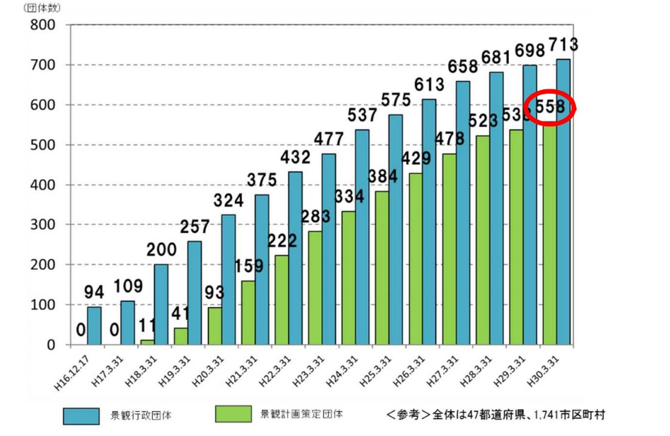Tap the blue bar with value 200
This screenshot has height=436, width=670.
tap(161, 304)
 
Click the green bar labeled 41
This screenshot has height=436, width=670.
tap(181, 336)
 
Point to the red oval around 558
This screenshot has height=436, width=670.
tap(550, 107)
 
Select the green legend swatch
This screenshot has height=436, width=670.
tap(233, 414)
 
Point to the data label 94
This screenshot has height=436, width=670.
tap(94, 294)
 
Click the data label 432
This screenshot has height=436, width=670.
tap(295, 157)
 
